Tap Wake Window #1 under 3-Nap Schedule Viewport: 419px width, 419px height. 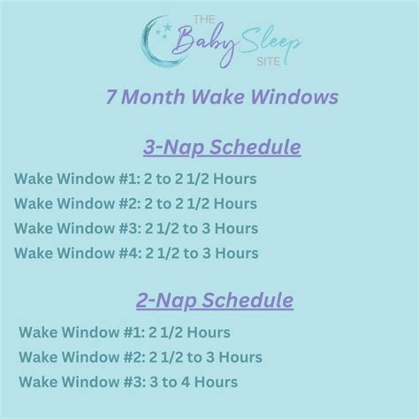click(136, 178)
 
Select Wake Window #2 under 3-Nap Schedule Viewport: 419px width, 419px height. click(136, 203)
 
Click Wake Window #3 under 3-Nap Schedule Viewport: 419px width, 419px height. click(136, 229)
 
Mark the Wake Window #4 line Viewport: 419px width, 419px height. click(136, 254)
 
